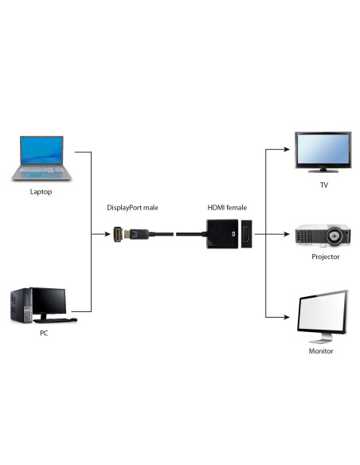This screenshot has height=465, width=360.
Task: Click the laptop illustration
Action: tap(43, 159)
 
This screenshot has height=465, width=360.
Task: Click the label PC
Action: tap(44, 333)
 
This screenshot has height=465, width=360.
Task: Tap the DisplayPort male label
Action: tap(133, 208)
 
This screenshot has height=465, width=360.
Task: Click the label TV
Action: tap(323, 185)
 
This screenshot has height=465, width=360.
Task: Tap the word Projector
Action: tap(325, 257)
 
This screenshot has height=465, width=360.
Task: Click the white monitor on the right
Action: tap(323, 313)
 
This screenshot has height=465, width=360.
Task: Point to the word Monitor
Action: tap(321, 350)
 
